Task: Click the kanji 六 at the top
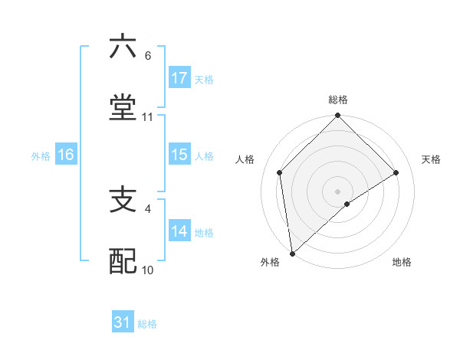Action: [x=123, y=47]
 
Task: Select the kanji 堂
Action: [x=123, y=107]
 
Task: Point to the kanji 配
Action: [x=123, y=261]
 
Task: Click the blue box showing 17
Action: [x=179, y=78]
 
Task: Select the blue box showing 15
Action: [x=179, y=155]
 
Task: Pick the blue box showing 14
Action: [x=179, y=231]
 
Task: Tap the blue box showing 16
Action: [x=66, y=155]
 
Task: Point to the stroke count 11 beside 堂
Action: [x=148, y=117]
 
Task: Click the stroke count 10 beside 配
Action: [x=148, y=270]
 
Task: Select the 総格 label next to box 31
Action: [x=147, y=324]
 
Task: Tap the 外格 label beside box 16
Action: [x=41, y=155]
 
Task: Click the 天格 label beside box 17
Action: [x=204, y=79]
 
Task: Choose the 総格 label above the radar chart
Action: [x=338, y=100]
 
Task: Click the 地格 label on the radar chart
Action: [x=402, y=262]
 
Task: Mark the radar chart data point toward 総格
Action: [x=338, y=116]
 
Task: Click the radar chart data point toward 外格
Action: [x=292, y=253]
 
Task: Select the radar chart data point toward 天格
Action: [x=396, y=172]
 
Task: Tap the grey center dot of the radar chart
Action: [x=338, y=191]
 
